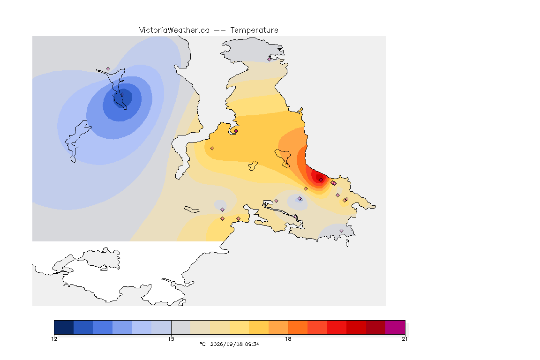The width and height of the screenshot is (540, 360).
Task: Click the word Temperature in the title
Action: pyautogui.click(x=254, y=30)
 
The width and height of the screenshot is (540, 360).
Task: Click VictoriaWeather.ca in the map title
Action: pyautogui.click(x=174, y=30)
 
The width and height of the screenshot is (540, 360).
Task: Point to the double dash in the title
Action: pyautogui.click(x=220, y=30)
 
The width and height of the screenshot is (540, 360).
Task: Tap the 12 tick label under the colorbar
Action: pyautogui.click(x=54, y=339)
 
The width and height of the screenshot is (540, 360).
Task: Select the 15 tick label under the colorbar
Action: pyautogui.click(x=171, y=339)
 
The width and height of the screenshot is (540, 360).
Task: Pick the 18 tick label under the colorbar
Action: pyautogui.click(x=288, y=339)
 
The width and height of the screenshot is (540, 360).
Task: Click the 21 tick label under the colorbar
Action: pyautogui.click(x=405, y=339)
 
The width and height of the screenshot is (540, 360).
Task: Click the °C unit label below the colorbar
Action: pyautogui.click(x=202, y=344)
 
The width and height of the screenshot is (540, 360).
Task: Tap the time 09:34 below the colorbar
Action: pyautogui.click(x=252, y=344)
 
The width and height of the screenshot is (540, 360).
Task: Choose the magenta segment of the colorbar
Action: pyautogui.click(x=395, y=327)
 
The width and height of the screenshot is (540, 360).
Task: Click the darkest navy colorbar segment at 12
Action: pyautogui.click(x=64, y=327)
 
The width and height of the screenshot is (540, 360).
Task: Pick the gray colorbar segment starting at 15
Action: pyautogui.click(x=181, y=327)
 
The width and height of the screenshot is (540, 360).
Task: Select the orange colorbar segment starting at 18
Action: pyautogui.click(x=298, y=327)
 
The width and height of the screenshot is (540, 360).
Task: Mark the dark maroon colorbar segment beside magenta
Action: pyautogui.click(x=376, y=327)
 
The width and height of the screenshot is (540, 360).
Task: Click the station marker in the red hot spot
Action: pyautogui.click(x=321, y=180)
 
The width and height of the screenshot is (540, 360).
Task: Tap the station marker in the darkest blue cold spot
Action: pyautogui.click(x=122, y=94)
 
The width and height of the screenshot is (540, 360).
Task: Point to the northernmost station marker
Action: pyautogui.click(x=270, y=59)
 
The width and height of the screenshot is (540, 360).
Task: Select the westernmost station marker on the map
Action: pyautogui.click(x=108, y=69)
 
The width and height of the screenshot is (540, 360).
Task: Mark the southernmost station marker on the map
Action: pyautogui.click(x=341, y=231)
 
